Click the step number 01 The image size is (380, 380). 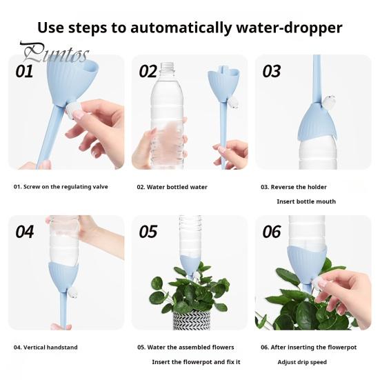pyautogui.click(x=24, y=71)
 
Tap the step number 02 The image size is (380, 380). pyautogui.click(x=148, y=71)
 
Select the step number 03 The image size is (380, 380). pyautogui.click(x=272, y=71)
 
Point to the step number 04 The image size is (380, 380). pyautogui.click(x=24, y=231)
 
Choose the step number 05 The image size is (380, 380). pyautogui.click(x=148, y=231)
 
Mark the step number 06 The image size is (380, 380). pyautogui.click(x=272, y=231)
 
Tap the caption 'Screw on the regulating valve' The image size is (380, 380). pyautogui.click(x=61, y=187)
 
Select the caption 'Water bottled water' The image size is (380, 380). pyautogui.click(x=172, y=187)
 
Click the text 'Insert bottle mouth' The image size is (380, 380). pyautogui.click(x=306, y=201)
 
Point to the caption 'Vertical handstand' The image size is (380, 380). pyautogui.click(x=46, y=347)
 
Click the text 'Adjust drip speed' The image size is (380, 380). pyautogui.click(x=302, y=361)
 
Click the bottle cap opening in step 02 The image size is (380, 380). pyautogui.click(x=168, y=66)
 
